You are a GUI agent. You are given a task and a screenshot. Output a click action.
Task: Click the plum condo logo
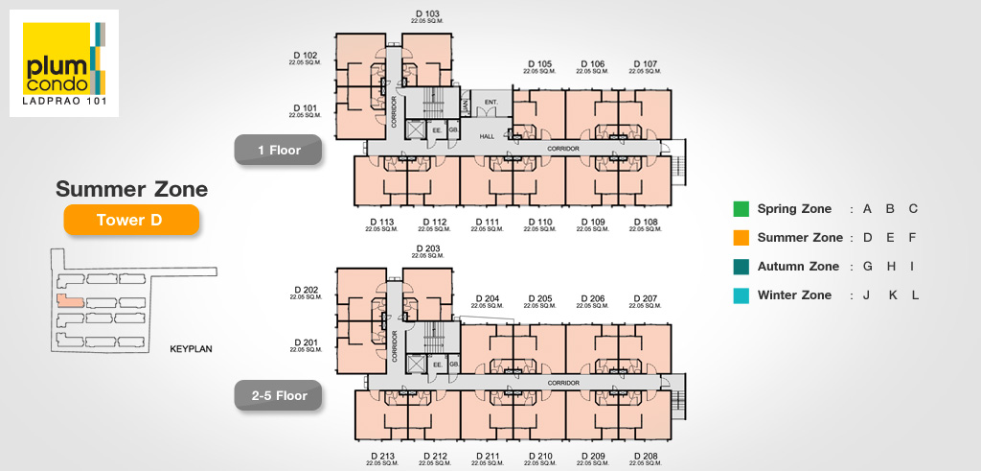63,63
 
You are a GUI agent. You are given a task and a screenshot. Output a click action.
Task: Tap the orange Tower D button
130,221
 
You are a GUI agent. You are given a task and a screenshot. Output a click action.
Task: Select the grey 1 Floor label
279,150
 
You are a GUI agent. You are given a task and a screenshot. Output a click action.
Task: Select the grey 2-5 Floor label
279,394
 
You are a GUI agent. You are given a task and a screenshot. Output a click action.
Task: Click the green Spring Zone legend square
741,209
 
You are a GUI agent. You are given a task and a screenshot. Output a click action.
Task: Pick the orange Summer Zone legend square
741,238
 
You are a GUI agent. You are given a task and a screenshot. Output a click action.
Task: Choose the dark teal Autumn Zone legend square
741,267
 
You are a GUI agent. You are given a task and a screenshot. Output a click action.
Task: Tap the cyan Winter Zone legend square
741,295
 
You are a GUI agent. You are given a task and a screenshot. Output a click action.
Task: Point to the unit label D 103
426,14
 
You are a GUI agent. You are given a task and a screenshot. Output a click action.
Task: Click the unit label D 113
381,223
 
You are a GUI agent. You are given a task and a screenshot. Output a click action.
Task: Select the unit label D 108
645,223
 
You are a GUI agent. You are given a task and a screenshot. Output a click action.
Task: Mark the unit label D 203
426,247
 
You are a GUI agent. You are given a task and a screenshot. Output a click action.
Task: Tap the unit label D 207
644,298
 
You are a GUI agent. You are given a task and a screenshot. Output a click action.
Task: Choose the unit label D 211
487,456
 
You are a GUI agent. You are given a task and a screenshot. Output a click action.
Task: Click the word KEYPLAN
191,349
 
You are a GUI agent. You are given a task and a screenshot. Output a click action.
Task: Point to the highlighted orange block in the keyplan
69,300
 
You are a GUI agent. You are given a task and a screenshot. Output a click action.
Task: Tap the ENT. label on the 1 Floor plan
491,101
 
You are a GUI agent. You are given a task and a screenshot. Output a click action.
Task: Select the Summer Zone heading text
131,189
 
